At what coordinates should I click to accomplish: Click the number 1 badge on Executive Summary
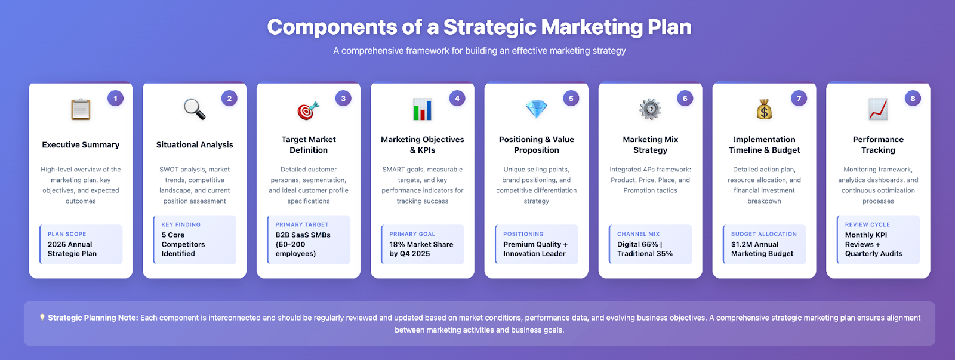point(115,99)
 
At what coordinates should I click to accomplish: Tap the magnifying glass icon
point(195,109)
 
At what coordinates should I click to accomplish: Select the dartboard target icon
point(309,110)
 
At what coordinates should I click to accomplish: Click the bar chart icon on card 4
point(423,109)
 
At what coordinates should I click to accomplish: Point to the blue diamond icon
point(537,109)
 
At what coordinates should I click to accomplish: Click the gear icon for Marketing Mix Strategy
point(650,109)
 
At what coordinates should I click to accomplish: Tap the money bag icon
point(764,110)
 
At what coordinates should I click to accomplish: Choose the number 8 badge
point(913,99)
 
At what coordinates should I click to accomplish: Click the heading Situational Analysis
point(195,145)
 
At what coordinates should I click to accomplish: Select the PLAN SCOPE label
point(67,234)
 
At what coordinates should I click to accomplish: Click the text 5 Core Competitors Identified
point(183,244)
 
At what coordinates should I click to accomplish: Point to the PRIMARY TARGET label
point(302,225)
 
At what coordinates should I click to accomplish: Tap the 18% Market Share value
point(421,249)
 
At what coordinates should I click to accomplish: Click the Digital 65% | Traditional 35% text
point(645,249)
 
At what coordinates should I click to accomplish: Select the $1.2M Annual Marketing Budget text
point(762,249)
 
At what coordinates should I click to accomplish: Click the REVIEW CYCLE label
point(867,225)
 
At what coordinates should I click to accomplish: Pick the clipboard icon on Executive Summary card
point(81,110)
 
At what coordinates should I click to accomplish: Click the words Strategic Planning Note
point(93,318)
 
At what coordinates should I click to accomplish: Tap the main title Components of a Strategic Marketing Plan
point(479,27)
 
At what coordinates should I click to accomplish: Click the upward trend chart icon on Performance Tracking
point(878,109)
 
